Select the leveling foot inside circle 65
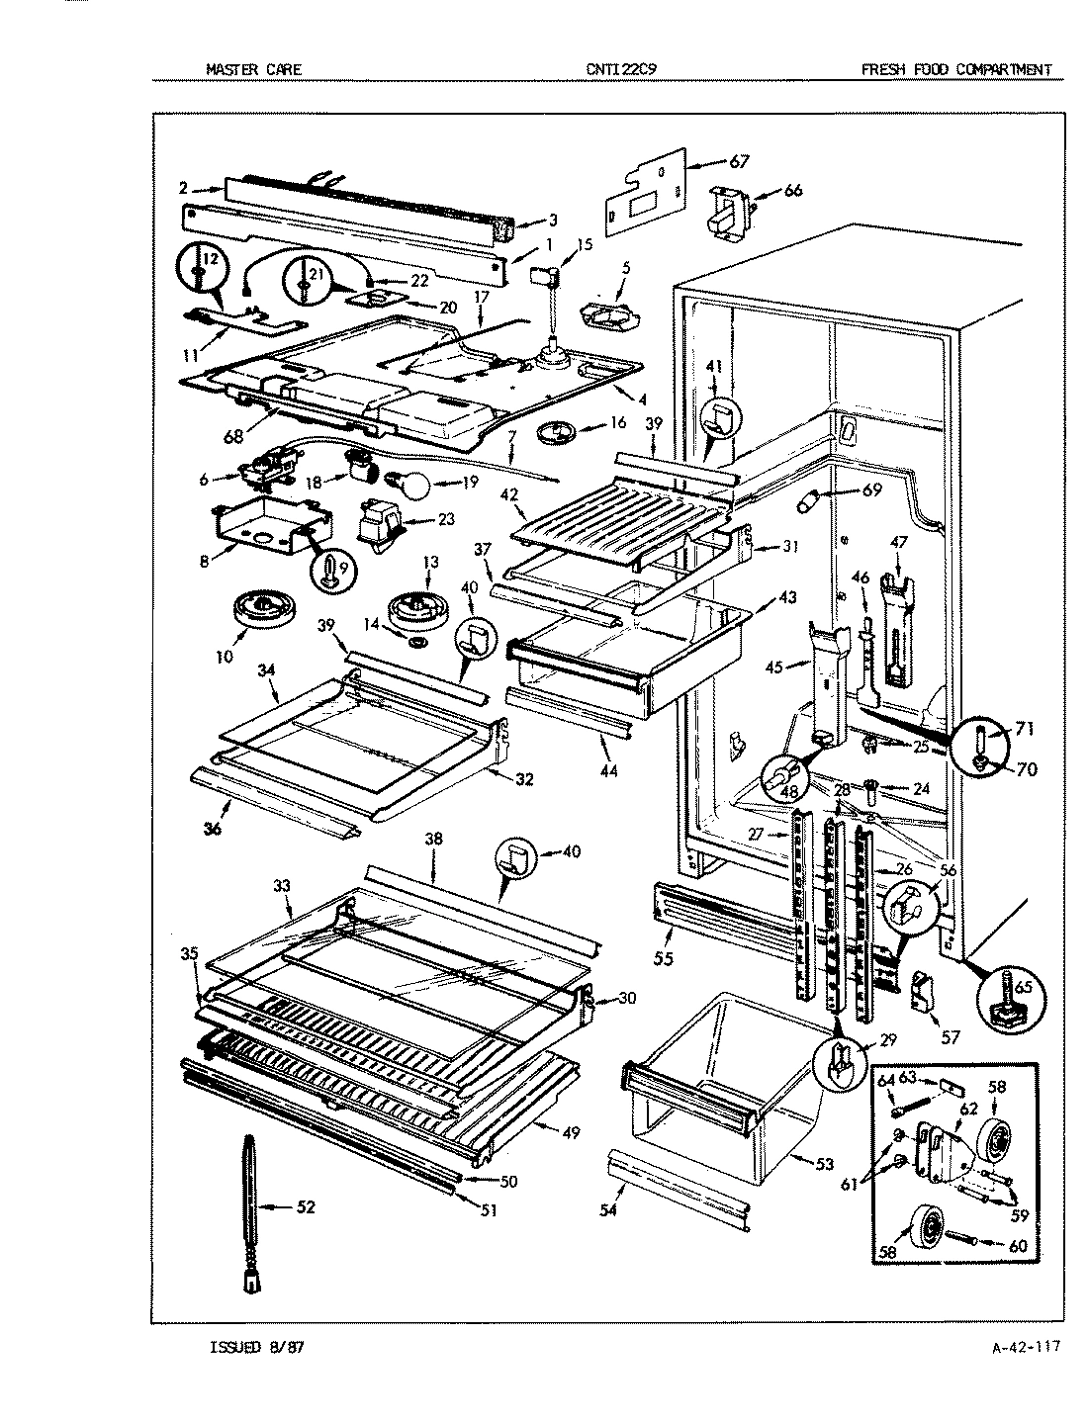[x=1009, y=1008]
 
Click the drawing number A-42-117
[x=1024, y=1347]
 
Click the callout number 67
[x=740, y=161]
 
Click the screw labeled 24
[x=871, y=789]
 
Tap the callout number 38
[x=432, y=838]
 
